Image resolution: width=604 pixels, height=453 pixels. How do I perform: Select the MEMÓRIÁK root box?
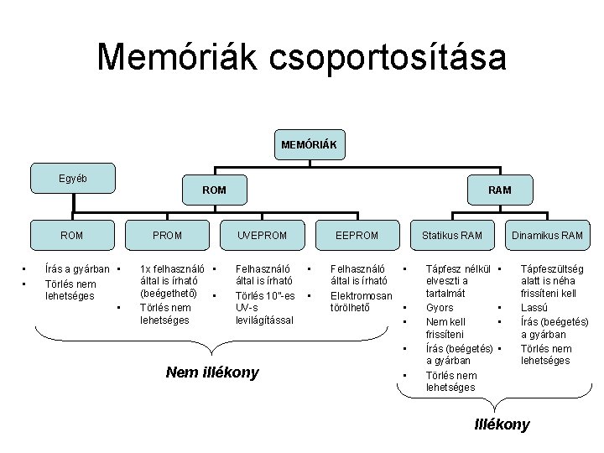pos(309,145)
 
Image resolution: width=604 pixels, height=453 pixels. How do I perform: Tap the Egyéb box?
pos(72,179)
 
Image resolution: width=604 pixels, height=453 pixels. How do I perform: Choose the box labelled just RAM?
pos(500,190)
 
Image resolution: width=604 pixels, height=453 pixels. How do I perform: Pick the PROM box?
pos(168,235)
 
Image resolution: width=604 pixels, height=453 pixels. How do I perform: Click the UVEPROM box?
pos(261,235)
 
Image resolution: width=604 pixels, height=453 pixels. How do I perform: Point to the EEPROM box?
pos(357,235)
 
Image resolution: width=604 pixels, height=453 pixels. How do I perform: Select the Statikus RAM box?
pos(452,235)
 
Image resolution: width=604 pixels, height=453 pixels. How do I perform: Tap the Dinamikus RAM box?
pos(549,235)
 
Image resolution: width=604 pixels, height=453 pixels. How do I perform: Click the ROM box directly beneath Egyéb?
pos(72,235)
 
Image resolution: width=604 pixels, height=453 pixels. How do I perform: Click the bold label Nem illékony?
pos(212,372)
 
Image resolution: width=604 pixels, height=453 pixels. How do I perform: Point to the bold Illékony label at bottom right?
pos(502,424)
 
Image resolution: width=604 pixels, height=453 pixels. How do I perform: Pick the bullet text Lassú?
pos(534,308)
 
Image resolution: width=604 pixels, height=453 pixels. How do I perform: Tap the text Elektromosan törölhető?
pos(362,301)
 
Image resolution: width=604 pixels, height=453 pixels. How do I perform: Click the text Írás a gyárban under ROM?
pos(77,269)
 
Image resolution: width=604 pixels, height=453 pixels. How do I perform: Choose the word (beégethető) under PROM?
pos(169,294)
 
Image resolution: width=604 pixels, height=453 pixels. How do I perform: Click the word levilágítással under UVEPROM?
pos(264,321)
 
